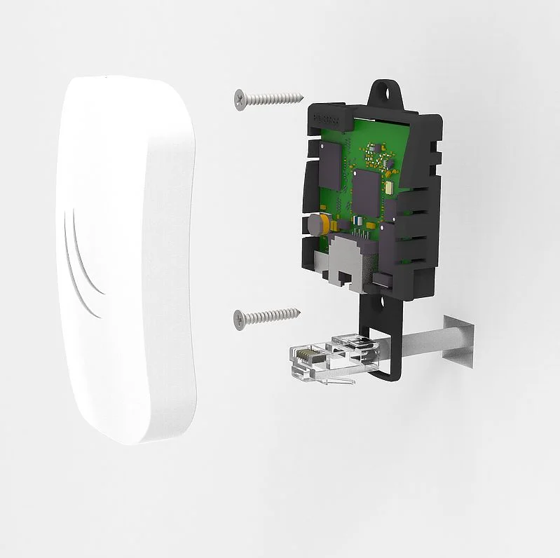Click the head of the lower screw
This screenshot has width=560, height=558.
coord(240,319)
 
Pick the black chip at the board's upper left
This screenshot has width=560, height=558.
coord(329,155)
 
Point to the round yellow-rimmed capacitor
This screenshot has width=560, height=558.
coord(315,224)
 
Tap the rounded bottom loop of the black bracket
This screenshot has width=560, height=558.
coord(382,375)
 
